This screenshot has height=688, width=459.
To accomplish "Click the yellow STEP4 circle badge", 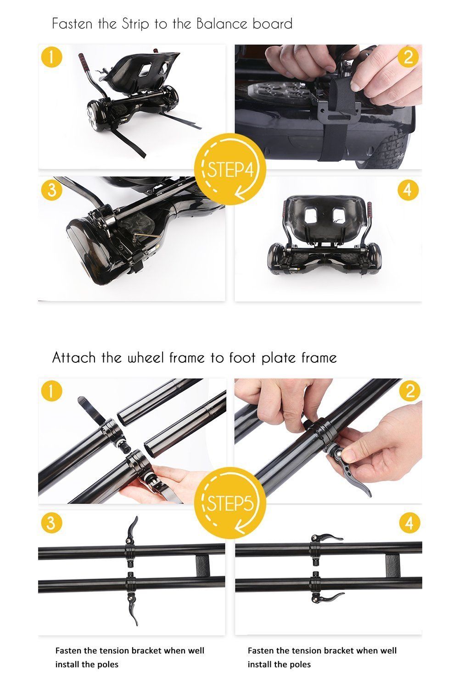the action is point(230,169).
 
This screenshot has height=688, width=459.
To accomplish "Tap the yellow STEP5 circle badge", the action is point(230,503).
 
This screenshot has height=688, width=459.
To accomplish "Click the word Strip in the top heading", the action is point(135,24).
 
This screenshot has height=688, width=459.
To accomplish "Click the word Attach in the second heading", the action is point(74,357).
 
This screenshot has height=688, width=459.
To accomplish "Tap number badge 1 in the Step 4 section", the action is point(52,57).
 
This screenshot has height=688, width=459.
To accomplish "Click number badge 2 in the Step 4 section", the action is point(408,57).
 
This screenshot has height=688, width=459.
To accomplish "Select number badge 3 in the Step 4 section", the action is point(52,190).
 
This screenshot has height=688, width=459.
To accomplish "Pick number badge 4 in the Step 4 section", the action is point(408,190).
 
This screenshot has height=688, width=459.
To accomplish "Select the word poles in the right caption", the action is point(300,664).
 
